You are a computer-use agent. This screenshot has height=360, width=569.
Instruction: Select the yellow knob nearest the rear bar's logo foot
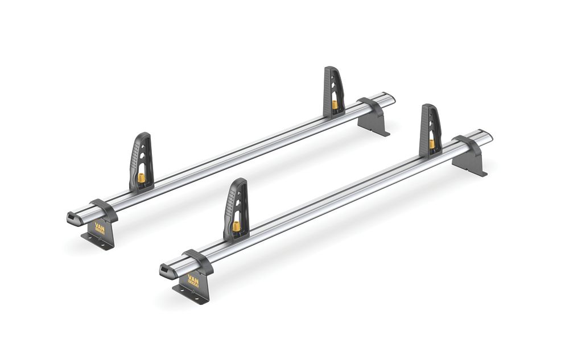tap(141, 179)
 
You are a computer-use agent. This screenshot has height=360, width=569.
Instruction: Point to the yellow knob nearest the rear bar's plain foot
tap(335, 105)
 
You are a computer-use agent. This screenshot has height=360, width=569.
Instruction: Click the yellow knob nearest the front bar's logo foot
tap(236, 226)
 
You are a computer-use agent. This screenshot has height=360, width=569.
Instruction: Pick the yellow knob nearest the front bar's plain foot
tap(432, 144)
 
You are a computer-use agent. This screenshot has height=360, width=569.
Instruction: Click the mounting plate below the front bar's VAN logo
tap(190, 296)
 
